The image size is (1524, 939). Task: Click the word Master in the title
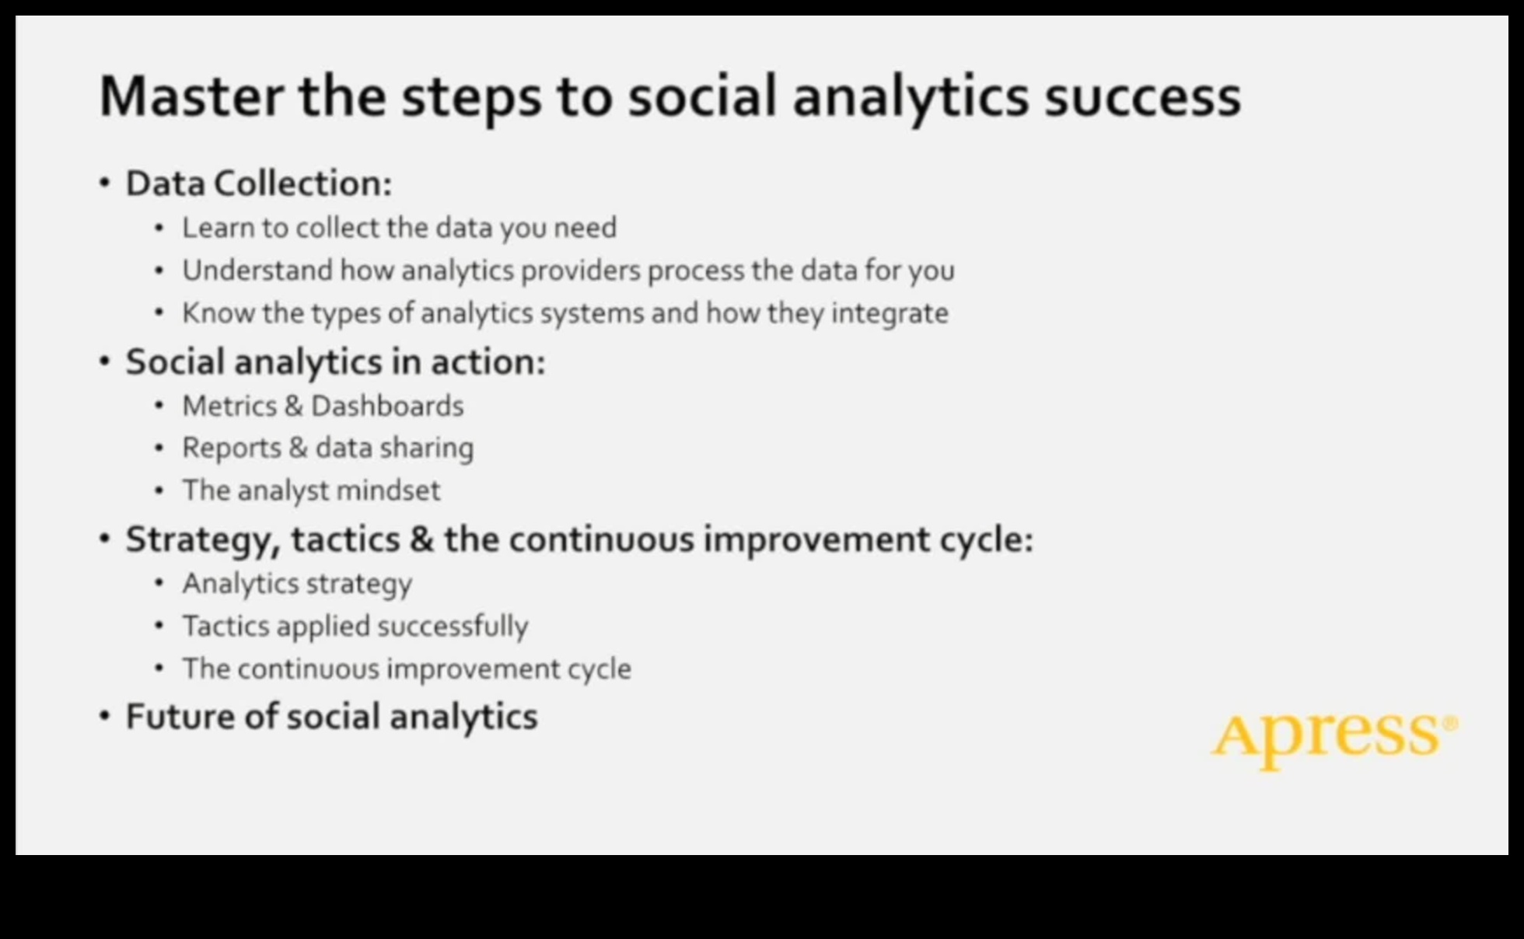(x=191, y=96)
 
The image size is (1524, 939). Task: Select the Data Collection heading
(x=258, y=183)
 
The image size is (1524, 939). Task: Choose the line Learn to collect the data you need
(x=399, y=228)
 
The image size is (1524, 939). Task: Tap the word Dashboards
(x=387, y=406)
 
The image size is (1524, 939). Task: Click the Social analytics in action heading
(x=335, y=361)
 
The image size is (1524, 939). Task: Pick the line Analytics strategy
(x=297, y=583)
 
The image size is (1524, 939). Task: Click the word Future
(x=180, y=717)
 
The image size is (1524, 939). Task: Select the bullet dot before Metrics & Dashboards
(x=159, y=406)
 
